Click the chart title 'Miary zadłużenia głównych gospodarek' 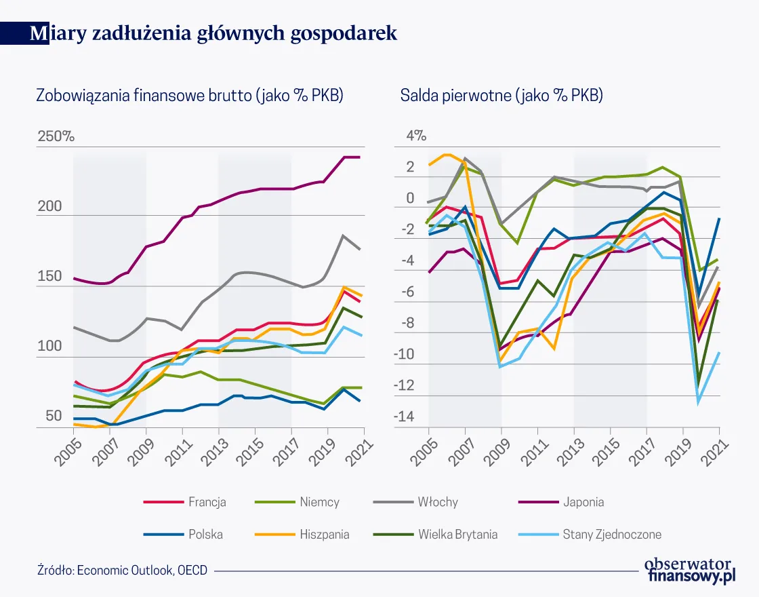213,34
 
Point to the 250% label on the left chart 56,136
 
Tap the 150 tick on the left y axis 49,277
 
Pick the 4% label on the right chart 416,136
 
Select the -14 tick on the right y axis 405,416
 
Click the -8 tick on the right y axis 407,322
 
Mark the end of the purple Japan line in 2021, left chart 360,157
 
